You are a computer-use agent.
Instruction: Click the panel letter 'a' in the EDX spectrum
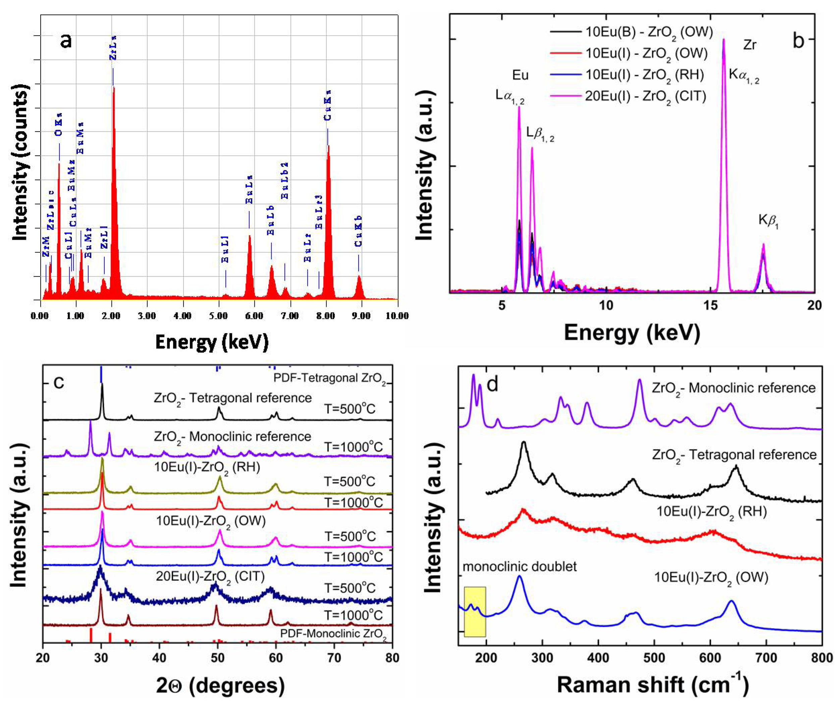coord(66,41)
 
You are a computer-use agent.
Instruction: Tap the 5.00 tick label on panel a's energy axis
coord(218,316)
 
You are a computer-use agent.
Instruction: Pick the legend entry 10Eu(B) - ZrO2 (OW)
coord(649,32)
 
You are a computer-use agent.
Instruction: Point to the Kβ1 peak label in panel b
coord(768,221)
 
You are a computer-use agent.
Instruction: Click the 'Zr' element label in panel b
coord(749,45)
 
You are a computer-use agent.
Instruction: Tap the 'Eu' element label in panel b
coord(520,75)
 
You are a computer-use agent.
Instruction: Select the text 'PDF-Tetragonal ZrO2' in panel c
coord(330,378)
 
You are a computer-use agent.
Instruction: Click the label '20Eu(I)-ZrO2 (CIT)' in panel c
coord(209,576)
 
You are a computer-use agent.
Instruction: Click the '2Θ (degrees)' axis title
coord(220,685)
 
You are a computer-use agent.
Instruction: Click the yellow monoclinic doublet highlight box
coord(475,611)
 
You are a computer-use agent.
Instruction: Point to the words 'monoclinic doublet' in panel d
coord(519,566)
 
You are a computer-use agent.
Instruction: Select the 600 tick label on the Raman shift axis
coord(710,657)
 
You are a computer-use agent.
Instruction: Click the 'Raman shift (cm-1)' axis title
coord(653,685)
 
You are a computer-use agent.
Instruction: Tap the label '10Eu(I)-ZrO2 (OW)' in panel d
coord(711,578)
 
